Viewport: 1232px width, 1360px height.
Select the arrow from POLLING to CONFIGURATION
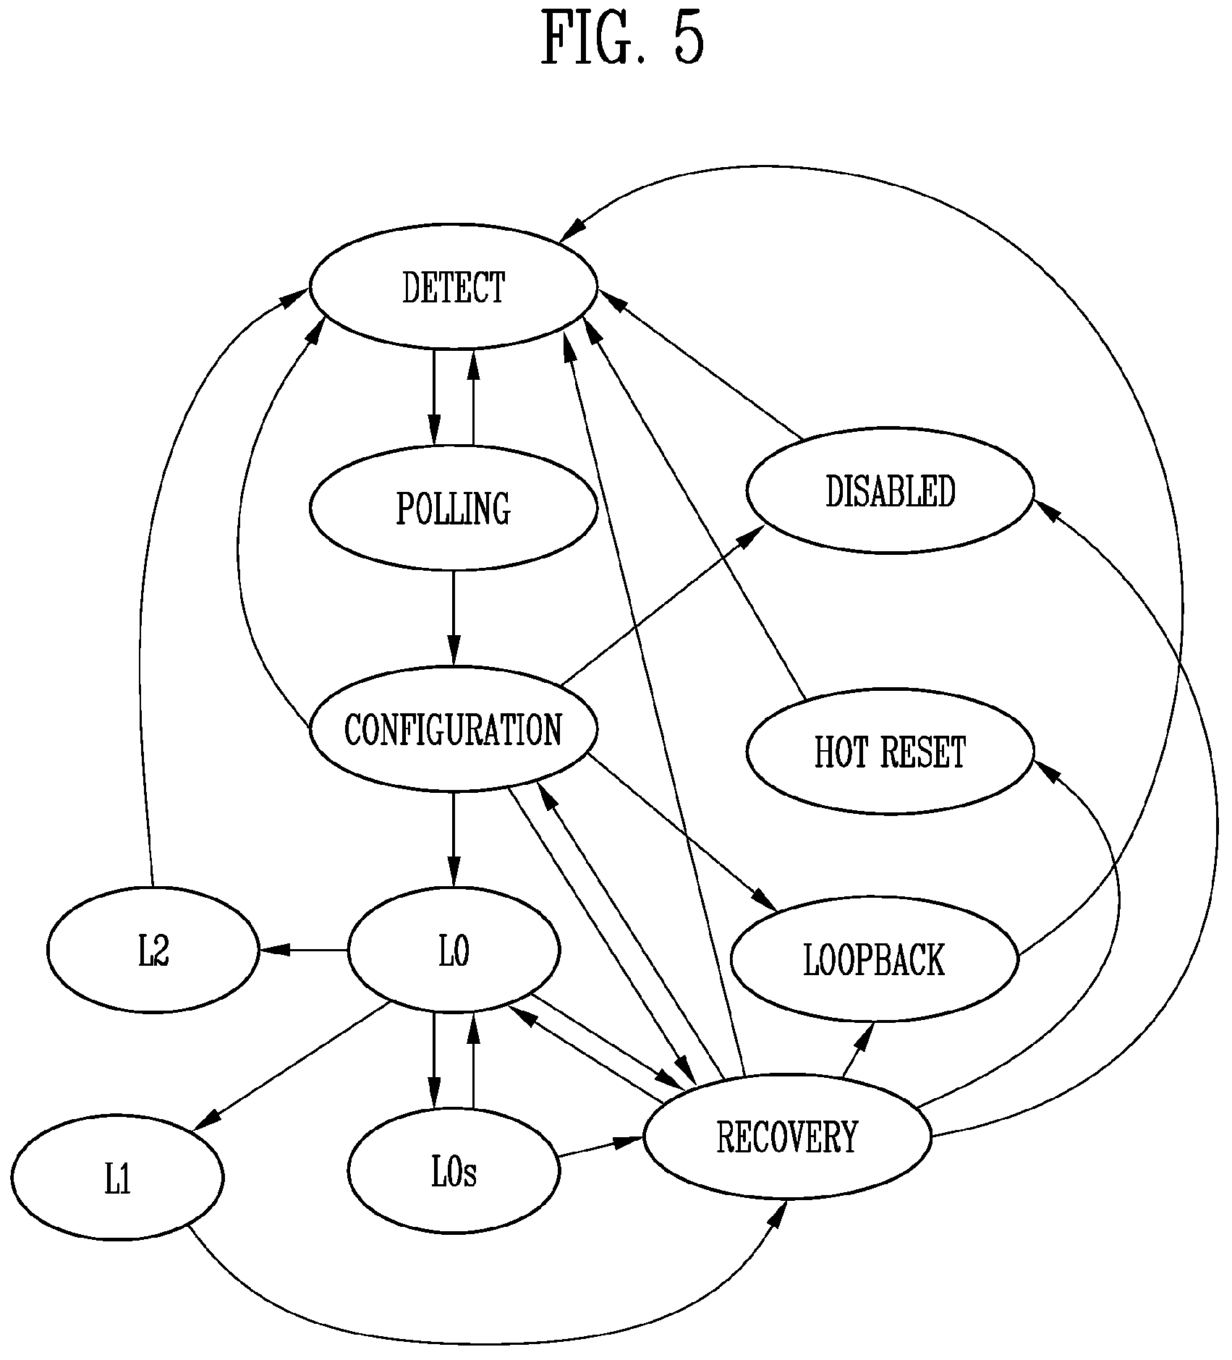tap(454, 619)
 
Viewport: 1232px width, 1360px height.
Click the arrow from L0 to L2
tap(303, 950)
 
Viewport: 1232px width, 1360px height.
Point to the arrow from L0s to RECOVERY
tap(601, 1148)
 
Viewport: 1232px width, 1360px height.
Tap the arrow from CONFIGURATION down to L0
tap(454, 840)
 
